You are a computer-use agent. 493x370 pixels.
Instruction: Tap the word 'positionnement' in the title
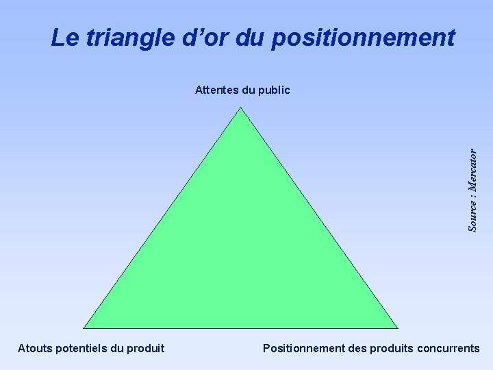363,38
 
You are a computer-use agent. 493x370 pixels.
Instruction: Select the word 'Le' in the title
64,38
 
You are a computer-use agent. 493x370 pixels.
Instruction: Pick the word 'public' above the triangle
275,90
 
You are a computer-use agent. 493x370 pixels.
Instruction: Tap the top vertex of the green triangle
241,109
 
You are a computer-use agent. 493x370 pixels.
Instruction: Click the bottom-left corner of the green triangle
84,328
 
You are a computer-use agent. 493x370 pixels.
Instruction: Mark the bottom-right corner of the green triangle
397,328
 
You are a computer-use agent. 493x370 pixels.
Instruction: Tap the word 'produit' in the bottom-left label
145,348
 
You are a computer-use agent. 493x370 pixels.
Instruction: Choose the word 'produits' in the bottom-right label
391,348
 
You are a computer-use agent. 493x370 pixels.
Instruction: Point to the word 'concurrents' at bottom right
448,348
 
